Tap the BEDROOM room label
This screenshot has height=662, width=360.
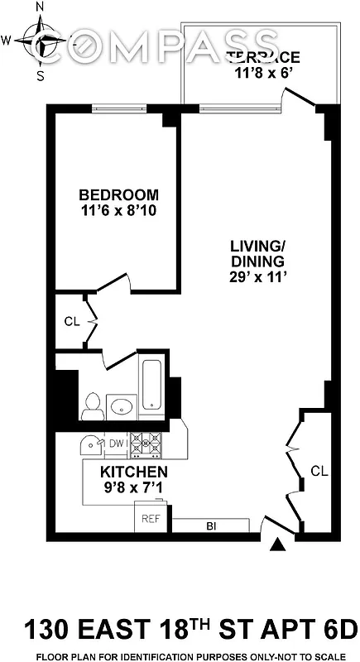118,194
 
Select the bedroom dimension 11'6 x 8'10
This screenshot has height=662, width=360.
118,211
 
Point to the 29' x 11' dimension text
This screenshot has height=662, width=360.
257,277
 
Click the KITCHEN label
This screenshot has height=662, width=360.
134,472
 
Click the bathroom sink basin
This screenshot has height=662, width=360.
122,406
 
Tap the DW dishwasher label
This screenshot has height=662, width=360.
117,444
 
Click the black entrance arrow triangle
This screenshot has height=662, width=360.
279,544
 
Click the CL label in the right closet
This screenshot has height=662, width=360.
319,470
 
